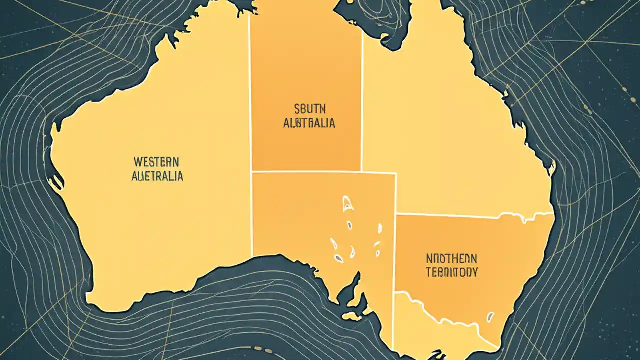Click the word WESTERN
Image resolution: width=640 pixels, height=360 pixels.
point(156,162)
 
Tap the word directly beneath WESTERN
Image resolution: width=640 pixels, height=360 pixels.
point(157,176)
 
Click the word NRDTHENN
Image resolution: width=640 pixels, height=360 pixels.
point(451,258)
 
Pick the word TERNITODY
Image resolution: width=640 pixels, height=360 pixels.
point(451,272)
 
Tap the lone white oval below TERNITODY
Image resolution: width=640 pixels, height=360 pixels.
point(491,317)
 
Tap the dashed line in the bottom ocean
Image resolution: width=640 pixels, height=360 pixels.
point(260,348)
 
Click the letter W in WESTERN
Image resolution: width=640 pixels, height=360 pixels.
point(136,162)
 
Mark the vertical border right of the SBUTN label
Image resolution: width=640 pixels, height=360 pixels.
point(361,100)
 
